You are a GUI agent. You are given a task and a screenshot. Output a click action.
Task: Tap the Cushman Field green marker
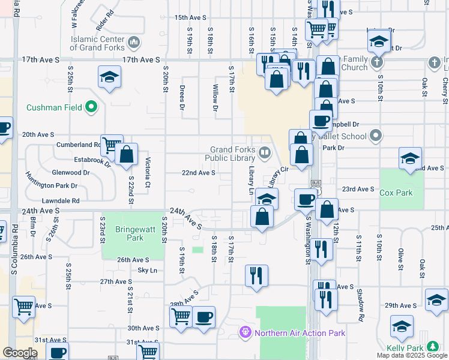click(91, 108)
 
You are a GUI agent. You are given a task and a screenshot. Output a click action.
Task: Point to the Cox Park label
click(396, 193)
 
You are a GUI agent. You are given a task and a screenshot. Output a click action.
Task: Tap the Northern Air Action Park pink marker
click(245, 332)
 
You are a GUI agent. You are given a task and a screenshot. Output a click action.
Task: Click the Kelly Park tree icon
click(431, 347)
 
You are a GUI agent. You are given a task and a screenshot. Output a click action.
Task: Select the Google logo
click(19, 353)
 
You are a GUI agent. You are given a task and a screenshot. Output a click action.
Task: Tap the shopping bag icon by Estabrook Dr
click(127, 154)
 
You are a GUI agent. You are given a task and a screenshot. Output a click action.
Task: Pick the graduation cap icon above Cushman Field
click(110, 76)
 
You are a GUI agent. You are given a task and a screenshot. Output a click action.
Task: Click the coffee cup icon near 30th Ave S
click(204, 316)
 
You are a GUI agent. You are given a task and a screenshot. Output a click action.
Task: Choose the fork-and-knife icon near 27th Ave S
click(256, 275)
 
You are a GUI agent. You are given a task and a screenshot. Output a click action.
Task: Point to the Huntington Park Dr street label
click(52, 181)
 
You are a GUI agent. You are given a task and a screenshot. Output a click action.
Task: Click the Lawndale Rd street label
click(61, 201)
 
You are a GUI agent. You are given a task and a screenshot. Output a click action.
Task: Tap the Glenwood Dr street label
click(71, 172)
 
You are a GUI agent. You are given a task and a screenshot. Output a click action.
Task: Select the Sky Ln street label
click(147, 271)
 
